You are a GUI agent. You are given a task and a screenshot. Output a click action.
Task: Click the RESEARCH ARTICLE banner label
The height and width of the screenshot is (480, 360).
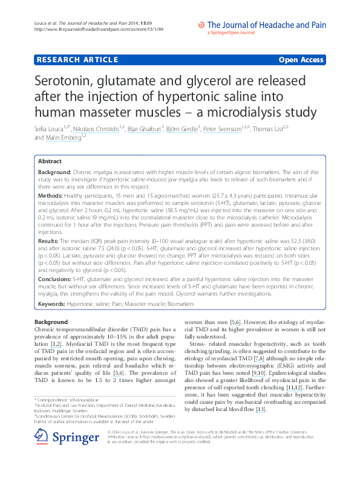click(x=77, y=60)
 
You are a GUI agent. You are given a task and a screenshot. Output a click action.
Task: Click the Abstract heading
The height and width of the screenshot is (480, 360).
click(x=50, y=161)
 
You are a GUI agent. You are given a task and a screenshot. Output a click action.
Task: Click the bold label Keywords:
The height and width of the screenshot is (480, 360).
click(x=51, y=303)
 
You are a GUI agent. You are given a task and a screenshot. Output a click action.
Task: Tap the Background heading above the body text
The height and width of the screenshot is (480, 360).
click(x=51, y=322)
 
